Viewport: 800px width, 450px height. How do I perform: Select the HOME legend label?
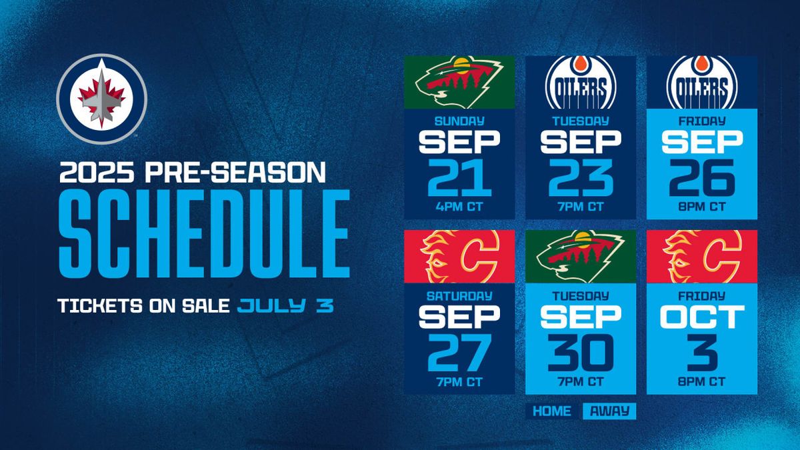(x=551, y=411)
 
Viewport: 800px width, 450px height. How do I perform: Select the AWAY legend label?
(x=609, y=411)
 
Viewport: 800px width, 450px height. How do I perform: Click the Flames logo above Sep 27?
(x=459, y=256)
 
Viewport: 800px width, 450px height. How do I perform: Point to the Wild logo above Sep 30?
(x=580, y=256)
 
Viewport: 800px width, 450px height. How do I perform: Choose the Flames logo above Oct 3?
(x=701, y=256)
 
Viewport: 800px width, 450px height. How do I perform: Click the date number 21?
(x=459, y=177)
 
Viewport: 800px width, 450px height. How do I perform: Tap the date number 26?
(x=701, y=177)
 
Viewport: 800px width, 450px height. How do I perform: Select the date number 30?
(x=580, y=351)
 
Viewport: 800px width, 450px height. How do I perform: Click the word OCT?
(x=701, y=317)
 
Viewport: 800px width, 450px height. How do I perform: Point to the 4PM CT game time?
(x=459, y=207)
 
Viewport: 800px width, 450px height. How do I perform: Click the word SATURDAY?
(x=459, y=295)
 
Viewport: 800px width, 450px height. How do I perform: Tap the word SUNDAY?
(x=459, y=121)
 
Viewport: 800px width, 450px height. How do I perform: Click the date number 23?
(x=580, y=177)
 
